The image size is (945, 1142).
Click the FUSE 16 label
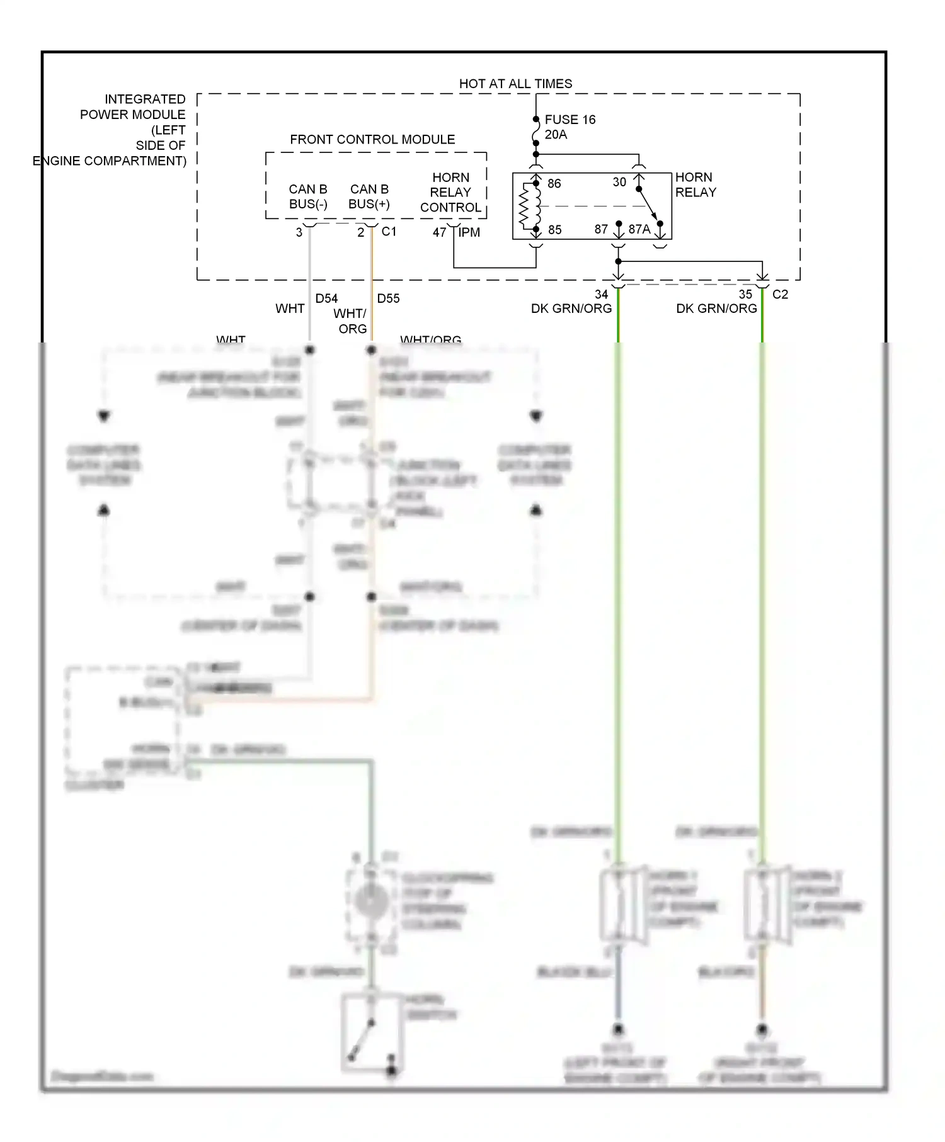(x=570, y=120)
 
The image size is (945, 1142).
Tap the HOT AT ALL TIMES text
(x=515, y=84)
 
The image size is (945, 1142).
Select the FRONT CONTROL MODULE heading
(x=372, y=139)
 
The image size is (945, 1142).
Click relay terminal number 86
(x=554, y=183)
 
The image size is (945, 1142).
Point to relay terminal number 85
(x=555, y=230)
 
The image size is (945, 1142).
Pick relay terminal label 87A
(x=639, y=229)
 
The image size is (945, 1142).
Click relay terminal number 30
(x=619, y=182)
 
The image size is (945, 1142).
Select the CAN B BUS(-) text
(x=308, y=196)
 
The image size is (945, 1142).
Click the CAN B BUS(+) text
(x=369, y=196)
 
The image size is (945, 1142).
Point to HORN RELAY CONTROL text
(x=450, y=192)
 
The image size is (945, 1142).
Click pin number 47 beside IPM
(x=439, y=232)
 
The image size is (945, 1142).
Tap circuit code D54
(x=326, y=298)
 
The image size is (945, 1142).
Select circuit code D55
(x=388, y=298)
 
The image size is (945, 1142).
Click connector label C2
(x=780, y=294)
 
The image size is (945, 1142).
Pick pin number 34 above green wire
(x=602, y=294)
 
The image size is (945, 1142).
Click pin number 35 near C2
(x=745, y=294)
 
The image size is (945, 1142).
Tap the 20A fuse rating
(x=556, y=135)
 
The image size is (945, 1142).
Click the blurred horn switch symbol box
(x=372, y=1032)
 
